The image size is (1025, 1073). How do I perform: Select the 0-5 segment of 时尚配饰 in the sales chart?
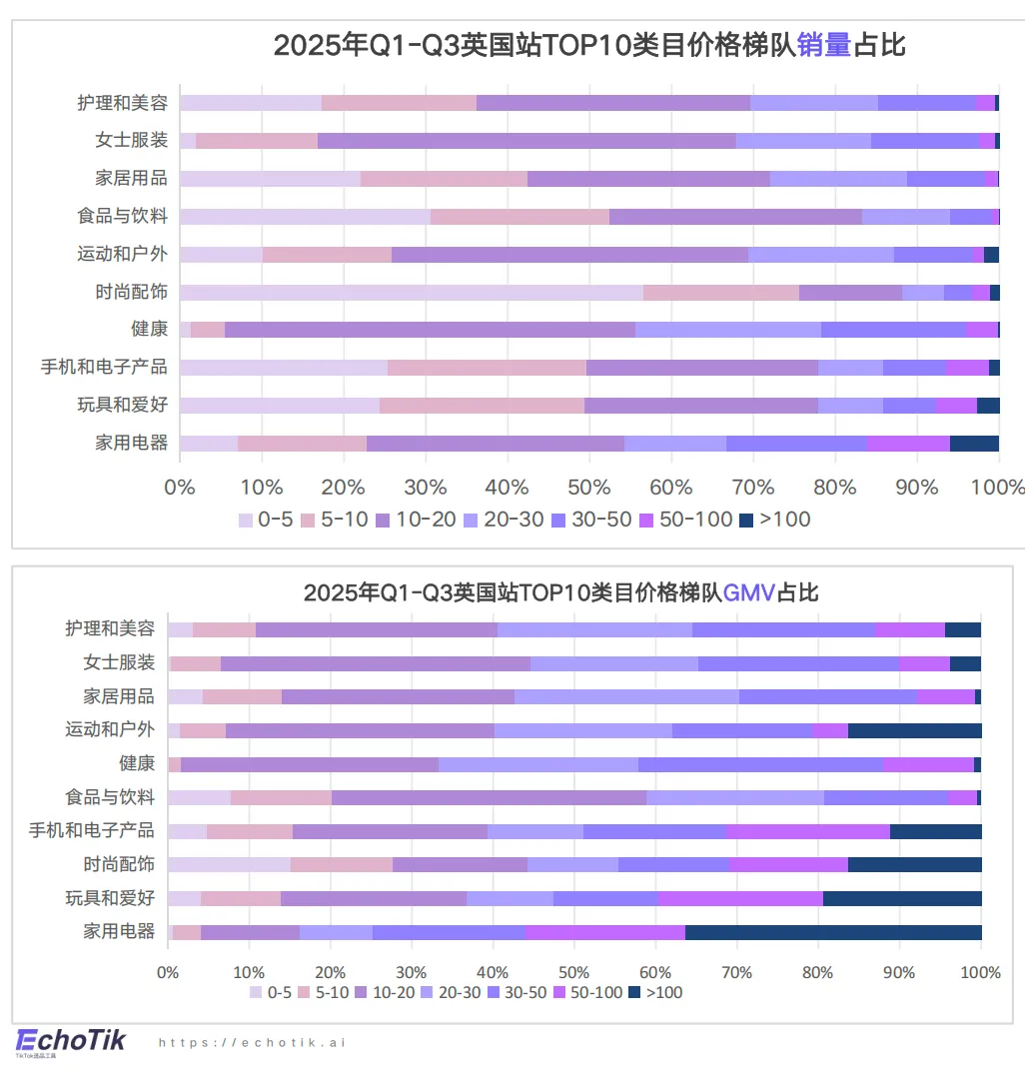click(411, 292)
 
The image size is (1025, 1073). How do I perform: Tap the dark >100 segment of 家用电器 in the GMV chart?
click(833, 932)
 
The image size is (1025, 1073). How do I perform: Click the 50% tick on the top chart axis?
click(588, 487)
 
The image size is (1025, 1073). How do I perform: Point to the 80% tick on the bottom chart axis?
click(818, 972)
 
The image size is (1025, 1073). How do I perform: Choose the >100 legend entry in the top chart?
click(775, 520)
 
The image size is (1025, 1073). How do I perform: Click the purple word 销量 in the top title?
click(824, 45)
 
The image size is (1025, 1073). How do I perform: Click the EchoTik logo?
click(70, 1040)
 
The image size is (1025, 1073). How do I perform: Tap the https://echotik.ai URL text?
click(252, 1042)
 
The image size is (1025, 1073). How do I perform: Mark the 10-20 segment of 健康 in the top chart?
click(430, 330)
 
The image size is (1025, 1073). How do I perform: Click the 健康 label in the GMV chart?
click(137, 763)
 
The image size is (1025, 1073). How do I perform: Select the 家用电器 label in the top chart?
click(131, 443)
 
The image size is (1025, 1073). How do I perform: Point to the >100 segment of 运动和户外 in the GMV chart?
click(914, 730)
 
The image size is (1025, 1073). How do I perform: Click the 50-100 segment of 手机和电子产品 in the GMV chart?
click(808, 831)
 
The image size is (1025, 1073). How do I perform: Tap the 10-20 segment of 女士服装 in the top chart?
click(526, 140)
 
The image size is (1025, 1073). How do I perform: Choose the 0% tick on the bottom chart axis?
click(168, 972)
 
